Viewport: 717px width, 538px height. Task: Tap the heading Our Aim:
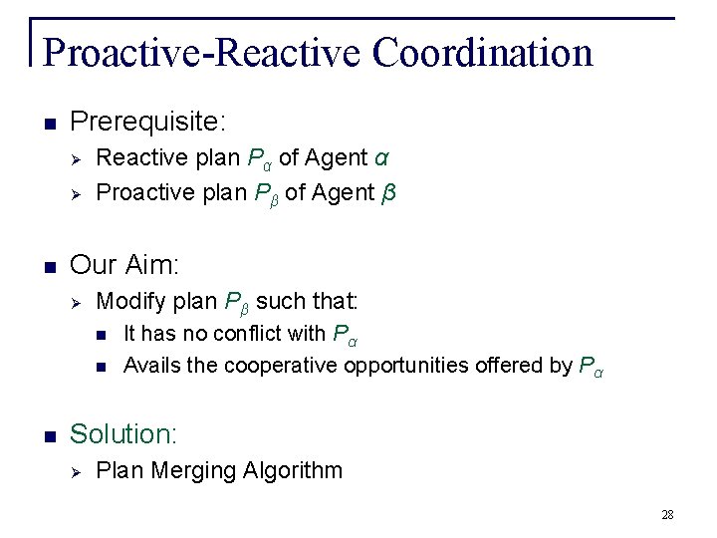point(125,264)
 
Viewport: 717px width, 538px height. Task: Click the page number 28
point(667,514)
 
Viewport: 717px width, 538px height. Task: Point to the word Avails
point(151,365)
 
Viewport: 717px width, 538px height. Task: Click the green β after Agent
point(388,192)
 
